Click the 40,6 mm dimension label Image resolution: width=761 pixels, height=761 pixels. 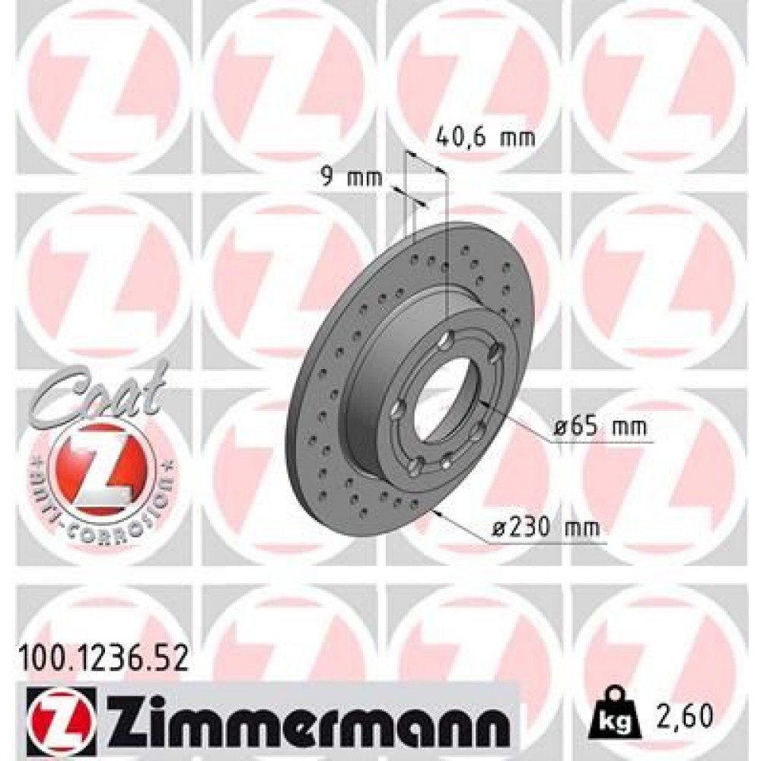click(485, 138)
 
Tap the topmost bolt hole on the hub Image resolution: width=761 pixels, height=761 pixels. click(451, 336)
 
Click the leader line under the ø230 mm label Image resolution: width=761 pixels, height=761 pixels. click(548, 543)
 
